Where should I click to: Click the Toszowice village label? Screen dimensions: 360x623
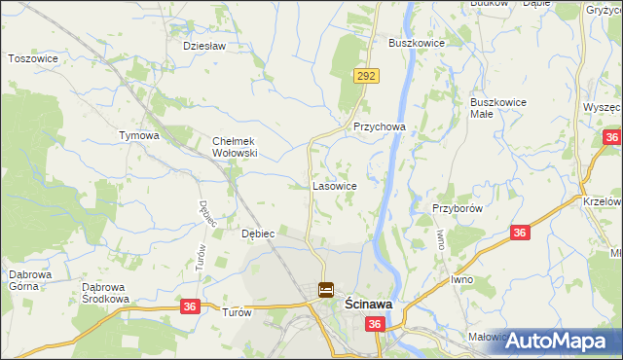34,58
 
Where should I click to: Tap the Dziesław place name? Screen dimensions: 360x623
204,46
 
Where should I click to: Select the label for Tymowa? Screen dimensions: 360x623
138,135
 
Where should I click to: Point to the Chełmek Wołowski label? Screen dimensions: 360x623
235,146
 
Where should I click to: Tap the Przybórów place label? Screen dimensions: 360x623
458,208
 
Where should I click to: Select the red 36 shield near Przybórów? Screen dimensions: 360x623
520,233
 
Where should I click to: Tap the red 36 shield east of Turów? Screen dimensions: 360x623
190,306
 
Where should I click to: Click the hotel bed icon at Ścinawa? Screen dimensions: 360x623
326,290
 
